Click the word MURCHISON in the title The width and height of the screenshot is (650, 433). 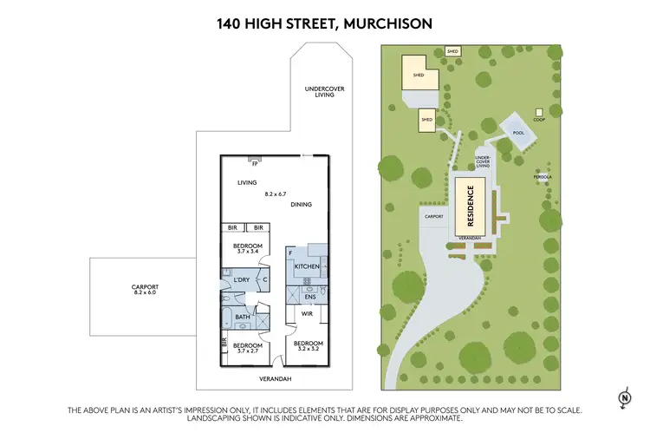click(x=387, y=23)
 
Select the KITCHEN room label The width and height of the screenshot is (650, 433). click(x=308, y=266)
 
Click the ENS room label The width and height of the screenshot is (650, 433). click(x=309, y=298)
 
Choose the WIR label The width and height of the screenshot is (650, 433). click(x=306, y=313)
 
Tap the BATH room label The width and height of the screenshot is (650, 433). click(x=244, y=317)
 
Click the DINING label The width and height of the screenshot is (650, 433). click(x=302, y=205)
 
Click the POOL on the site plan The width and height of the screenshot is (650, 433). click(x=518, y=133)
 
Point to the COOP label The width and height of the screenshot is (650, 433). click(x=539, y=120)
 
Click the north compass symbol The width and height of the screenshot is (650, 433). click(x=623, y=397)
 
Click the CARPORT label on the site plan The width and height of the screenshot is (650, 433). click(x=433, y=216)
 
